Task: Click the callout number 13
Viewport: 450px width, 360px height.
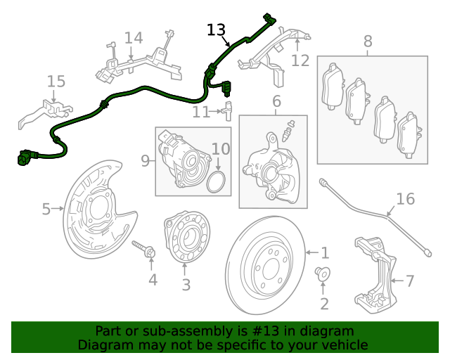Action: coord(216,30)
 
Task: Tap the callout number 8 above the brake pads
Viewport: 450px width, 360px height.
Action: coord(368,41)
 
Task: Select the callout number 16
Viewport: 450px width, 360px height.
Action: coord(405,199)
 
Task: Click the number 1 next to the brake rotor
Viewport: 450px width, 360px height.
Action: coord(324,252)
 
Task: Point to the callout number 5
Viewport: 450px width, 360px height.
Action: coord(46,209)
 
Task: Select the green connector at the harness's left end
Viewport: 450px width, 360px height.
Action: coord(25,158)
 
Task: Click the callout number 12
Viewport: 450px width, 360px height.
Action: coord(300,60)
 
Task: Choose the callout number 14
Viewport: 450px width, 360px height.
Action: coord(133,38)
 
